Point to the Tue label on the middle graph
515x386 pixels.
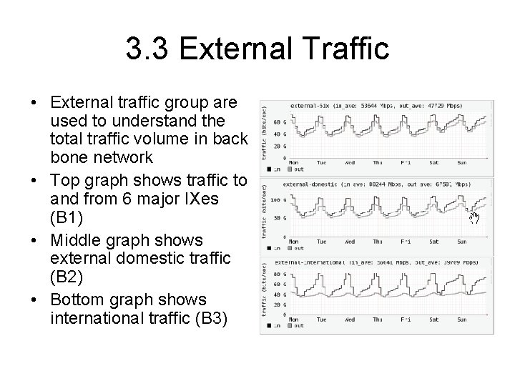(x=321, y=241)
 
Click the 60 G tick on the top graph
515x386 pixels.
(x=278, y=123)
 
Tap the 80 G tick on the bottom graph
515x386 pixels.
(x=278, y=273)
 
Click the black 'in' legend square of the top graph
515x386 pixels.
(x=268, y=169)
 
